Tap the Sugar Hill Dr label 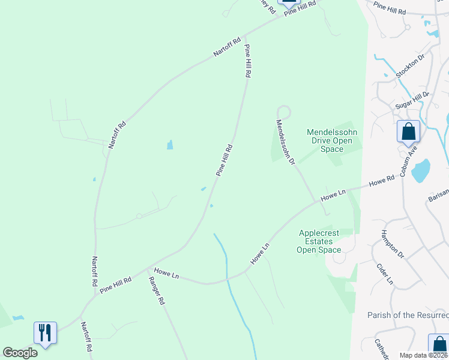(412, 100)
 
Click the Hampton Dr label (393, 243)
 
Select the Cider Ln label (385, 274)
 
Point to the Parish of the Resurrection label (408, 315)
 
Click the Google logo (20, 353)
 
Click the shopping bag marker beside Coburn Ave (408, 131)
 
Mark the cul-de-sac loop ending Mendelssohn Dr (283, 111)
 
